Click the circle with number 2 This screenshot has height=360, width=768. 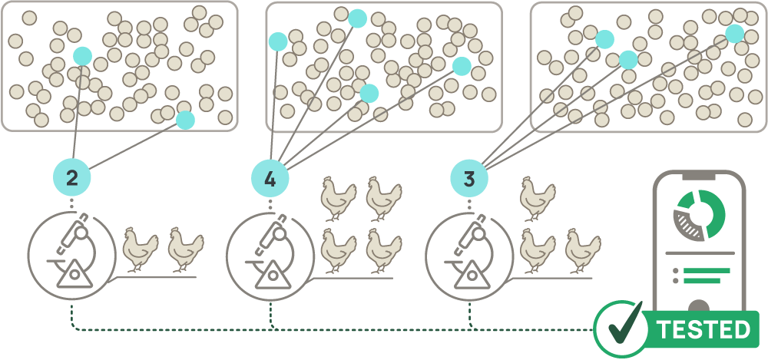point(72,178)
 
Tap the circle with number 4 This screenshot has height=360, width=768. point(270,178)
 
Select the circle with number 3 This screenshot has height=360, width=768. point(469,178)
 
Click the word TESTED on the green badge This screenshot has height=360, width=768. point(703,329)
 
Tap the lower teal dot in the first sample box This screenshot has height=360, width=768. point(185,120)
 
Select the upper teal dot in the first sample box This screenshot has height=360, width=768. point(83,55)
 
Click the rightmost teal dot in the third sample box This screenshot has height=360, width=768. point(735,33)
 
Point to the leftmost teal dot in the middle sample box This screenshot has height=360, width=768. point(277,41)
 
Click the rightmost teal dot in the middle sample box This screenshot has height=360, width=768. point(462,66)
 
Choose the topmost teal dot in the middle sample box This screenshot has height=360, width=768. point(357,18)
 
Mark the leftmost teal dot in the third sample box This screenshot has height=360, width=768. point(604,39)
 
